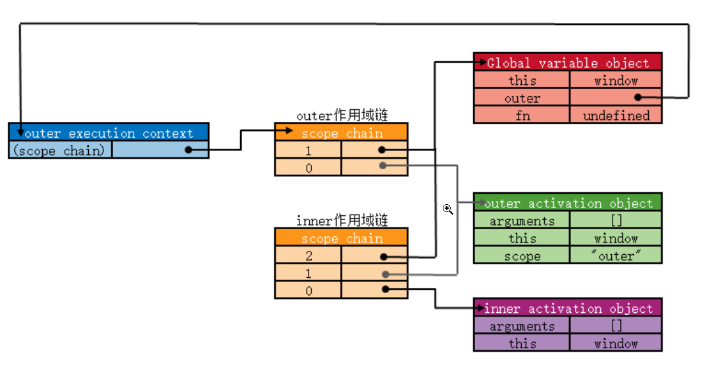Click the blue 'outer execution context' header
tap(109, 133)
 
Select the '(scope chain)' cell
tap(59, 150)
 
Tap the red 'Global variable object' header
tap(567, 63)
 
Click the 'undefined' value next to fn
tap(616, 115)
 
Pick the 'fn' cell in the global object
tap(522, 115)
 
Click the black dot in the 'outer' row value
tap(638, 97)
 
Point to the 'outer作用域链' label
tap(342, 115)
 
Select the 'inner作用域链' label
tap(342, 221)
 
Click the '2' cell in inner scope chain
tap(309, 256)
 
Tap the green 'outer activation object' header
tap(567, 203)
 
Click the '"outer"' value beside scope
tap(616, 256)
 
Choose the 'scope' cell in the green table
tap(522, 256)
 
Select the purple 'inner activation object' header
tap(567, 308)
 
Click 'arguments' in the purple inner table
tap(522, 326)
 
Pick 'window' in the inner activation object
tap(616, 343)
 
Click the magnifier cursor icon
tap(447, 209)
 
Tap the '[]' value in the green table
tap(616, 221)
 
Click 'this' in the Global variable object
tap(522, 80)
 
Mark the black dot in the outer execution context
tap(188, 150)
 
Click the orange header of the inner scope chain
tap(341, 238)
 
